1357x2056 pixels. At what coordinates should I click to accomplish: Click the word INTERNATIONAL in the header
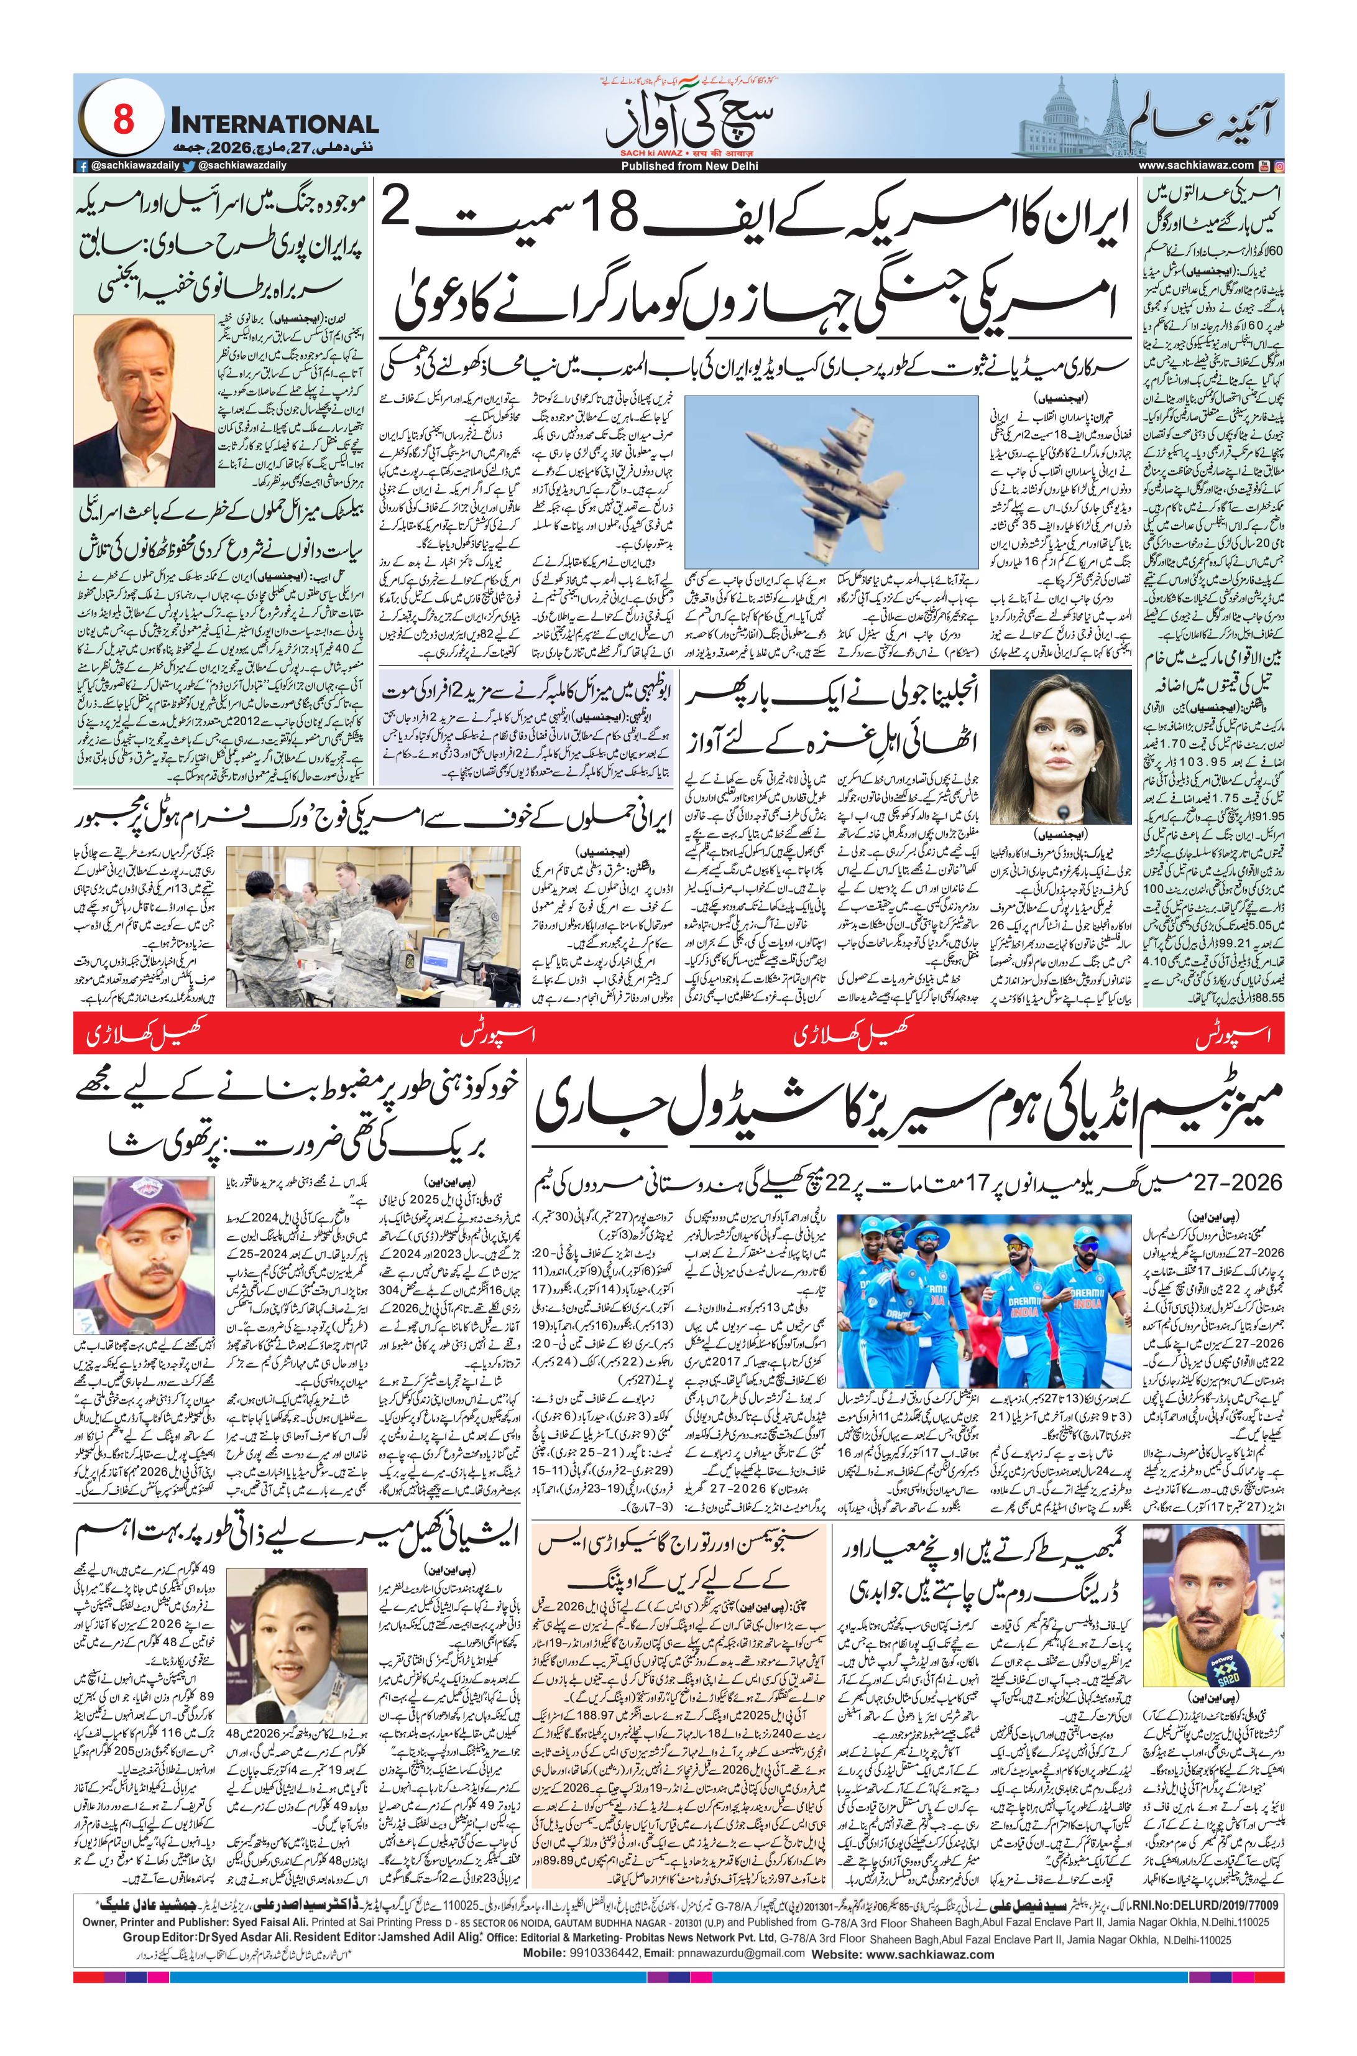pyautogui.click(x=274, y=123)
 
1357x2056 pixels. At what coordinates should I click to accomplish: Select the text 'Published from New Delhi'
pyautogui.click(x=677, y=165)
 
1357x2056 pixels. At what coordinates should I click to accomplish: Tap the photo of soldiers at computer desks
pyautogui.click(x=374, y=925)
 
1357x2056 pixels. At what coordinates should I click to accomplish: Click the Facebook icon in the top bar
pyautogui.click(x=82, y=165)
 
